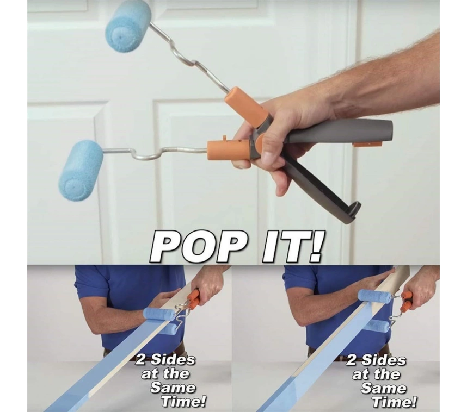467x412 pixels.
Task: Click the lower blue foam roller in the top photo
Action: coord(81,171)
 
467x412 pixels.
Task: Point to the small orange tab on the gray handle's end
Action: coord(367,144)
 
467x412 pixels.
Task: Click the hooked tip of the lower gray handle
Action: coord(354,212)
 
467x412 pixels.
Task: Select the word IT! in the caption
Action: coord(291,246)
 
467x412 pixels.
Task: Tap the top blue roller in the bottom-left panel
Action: coord(159,314)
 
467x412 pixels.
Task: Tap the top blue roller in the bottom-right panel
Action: coord(374,296)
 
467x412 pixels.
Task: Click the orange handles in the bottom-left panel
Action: coord(194,298)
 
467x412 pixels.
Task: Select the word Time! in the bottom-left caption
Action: coord(183,402)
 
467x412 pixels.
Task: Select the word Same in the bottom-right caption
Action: coord(383,388)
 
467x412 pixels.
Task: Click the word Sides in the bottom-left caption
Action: coord(173,360)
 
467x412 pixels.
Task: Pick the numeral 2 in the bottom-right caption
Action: coord(352,360)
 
